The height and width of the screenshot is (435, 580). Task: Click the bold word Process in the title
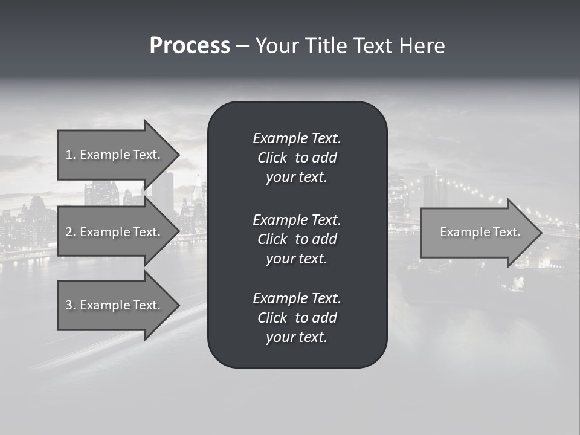tap(190, 46)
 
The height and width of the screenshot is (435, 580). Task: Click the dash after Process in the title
tap(243, 47)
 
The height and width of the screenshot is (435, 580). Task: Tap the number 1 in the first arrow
tap(69, 155)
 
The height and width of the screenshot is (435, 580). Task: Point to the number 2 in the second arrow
tap(69, 232)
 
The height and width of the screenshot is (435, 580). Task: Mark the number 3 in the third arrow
tap(69, 305)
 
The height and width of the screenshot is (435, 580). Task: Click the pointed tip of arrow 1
tap(177, 155)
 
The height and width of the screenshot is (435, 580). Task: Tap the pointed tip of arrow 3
tap(177, 305)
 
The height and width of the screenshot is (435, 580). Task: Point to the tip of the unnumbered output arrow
tap(540, 233)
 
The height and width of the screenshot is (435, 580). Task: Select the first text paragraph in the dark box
tap(297, 158)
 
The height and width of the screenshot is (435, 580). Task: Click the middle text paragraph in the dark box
tap(297, 239)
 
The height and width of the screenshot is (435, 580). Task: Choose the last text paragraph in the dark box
tap(297, 318)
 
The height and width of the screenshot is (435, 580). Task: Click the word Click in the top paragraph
tap(272, 158)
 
